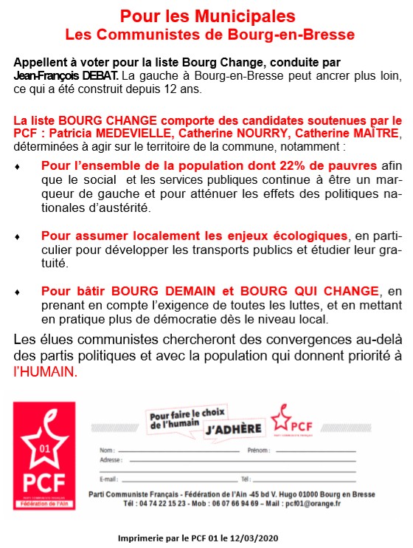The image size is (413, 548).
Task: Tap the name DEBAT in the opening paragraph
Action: [x=98, y=76]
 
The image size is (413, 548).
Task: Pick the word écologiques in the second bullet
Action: [x=302, y=236]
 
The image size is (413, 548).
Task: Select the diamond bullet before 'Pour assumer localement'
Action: [x=18, y=236]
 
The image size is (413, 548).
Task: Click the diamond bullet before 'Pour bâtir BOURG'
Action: [x=18, y=292]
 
